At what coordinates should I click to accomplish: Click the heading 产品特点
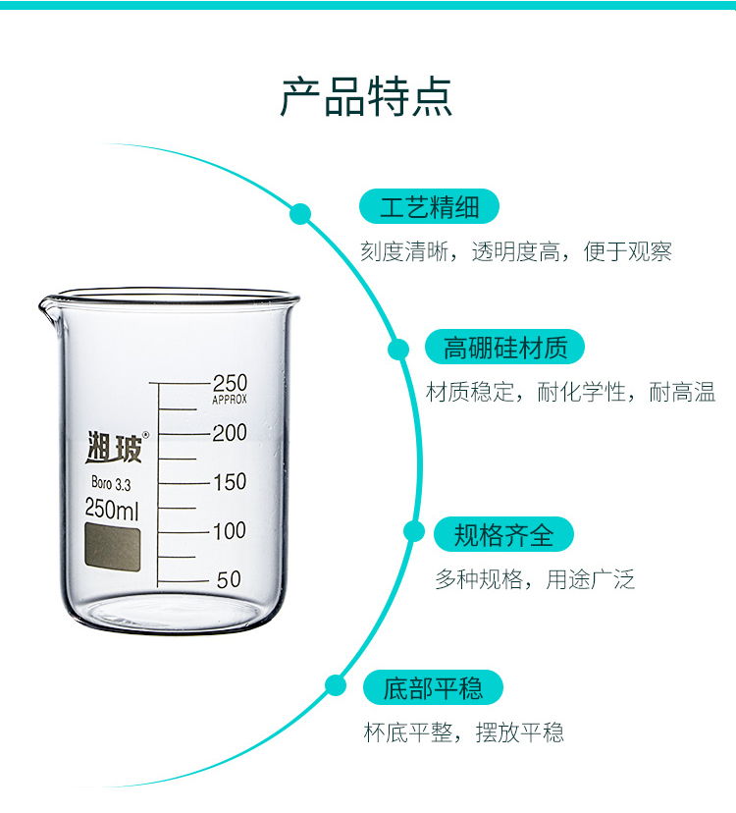pyautogui.click(x=366, y=97)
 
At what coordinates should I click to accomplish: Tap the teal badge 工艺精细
pyautogui.click(x=429, y=206)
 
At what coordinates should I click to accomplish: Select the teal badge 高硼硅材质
pyautogui.click(x=504, y=347)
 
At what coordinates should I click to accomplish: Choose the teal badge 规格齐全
pyautogui.click(x=503, y=534)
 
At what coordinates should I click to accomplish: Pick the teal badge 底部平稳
pyautogui.click(x=433, y=687)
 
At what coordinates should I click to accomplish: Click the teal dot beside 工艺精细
pyautogui.click(x=300, y=214)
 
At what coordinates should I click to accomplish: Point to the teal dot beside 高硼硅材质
pyautogui.click(x=398, y=349)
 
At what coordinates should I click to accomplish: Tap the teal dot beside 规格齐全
pyautogui.click(x=413, y=531)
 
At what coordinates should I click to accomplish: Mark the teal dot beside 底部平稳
pyautogui.click(x=336, y=685)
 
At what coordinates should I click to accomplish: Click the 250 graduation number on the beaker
pyautogui.click(x=231, y=383)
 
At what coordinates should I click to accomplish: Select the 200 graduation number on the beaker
pyautogui.click(x=230, y=432)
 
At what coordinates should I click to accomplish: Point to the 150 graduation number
pyautogui.click(x=230, y=482)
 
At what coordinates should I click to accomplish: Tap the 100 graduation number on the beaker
pyautogui.click(x=230, y=530)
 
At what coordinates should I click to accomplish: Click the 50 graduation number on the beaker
pyautogui.click(x=229, y=579)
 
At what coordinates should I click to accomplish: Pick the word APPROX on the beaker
pyautogui.click(x=230, y=400)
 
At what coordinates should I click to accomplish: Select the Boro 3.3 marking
pyautogui.click(x=111, y=483)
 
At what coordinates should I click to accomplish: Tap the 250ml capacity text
pyautogui.click(x=112, y=509)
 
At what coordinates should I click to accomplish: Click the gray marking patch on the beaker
pyautogui.click(x=113, y=547)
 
